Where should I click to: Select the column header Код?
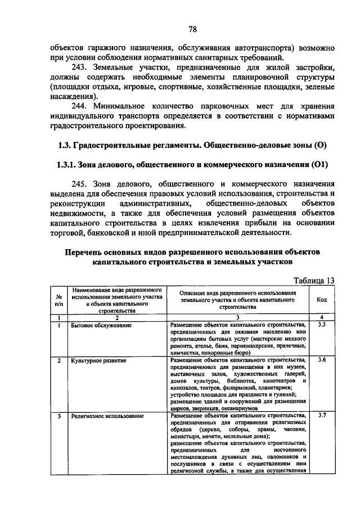[322, 300]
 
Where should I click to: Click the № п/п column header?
[58, 300]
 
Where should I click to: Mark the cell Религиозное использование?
[107, 416]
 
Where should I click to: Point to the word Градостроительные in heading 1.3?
[115, 145]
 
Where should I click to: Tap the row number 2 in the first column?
[58, 360]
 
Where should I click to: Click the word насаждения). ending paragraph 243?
[70, 95]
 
